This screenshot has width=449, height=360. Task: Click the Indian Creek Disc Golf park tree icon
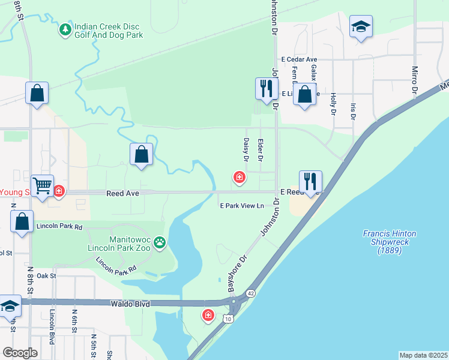coord(65,29)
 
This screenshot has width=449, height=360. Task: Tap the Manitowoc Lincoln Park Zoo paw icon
coord(160,242)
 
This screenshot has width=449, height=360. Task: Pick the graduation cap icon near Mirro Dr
coord(361,26)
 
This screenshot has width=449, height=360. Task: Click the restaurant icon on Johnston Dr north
coord(266,88)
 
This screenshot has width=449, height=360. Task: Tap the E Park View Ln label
coord(242,206)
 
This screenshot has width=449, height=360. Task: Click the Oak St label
coord(46,275)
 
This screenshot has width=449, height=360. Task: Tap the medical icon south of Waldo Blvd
coord(208,314)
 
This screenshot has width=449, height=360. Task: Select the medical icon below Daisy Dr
coord(239,177)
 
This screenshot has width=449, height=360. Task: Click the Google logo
coord(20,353)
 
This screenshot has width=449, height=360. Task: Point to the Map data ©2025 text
coord(424,355)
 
